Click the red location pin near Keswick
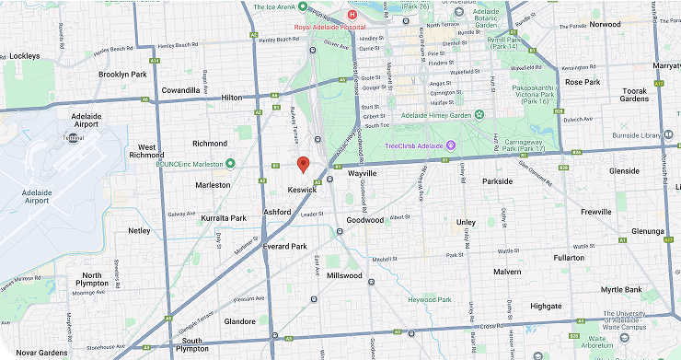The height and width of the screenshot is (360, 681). pyautogui.click(x=302, y=165)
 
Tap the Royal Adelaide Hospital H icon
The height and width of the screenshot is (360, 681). pyautogui.click(x=351, y=15)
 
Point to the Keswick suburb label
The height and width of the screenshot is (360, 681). pyautogui.click(x=302, y=189)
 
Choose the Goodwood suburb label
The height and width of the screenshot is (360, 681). pyautogui.click(x=365, y=221)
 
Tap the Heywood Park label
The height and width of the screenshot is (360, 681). pyautogui.click(x=430, y=300)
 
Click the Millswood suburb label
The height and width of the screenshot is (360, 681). pyautogui.click(x=344, y=275)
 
